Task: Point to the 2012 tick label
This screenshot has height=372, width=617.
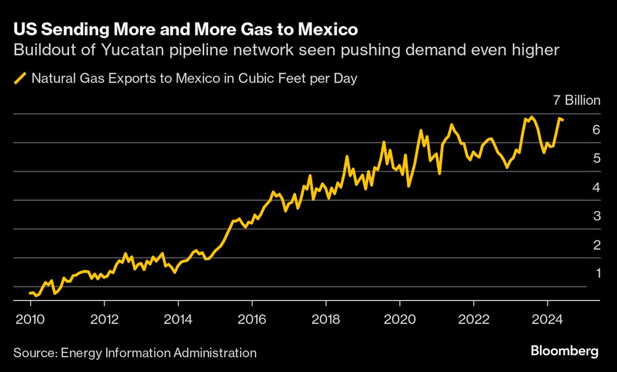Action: pos(104,321)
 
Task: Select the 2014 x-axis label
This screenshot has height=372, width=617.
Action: pos(178,321)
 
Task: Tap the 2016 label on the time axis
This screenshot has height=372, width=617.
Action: pos(252,321)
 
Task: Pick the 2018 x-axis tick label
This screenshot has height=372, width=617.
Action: pos(326,321)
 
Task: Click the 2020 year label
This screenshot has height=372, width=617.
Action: pos(400,321)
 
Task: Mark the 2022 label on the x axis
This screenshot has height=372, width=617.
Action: pos(473,321)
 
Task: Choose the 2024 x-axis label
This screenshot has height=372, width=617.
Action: pos(547,321)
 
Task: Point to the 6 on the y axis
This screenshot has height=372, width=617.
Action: pos(596,130)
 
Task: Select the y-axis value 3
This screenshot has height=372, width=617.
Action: pos(596,216)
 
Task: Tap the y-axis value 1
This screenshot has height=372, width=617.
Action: pos(596,273)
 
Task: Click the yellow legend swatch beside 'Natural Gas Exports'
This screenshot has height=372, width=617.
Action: pos(20,79)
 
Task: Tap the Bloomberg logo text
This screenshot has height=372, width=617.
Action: pos(565,351)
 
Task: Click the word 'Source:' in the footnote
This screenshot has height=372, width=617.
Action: pos(34,353)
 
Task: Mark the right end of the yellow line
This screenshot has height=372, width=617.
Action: pos(563,120)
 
